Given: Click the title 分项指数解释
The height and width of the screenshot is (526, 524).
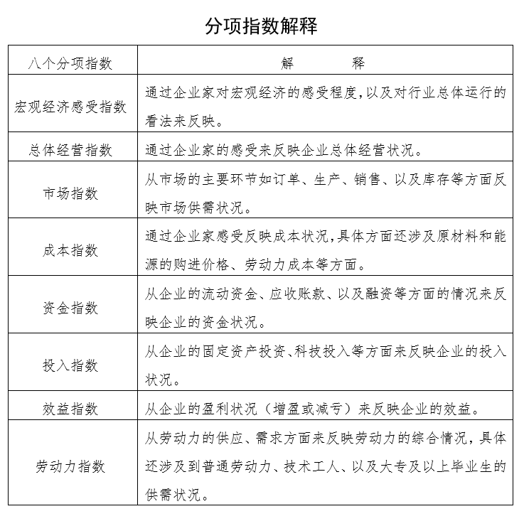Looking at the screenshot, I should [261, 26].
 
